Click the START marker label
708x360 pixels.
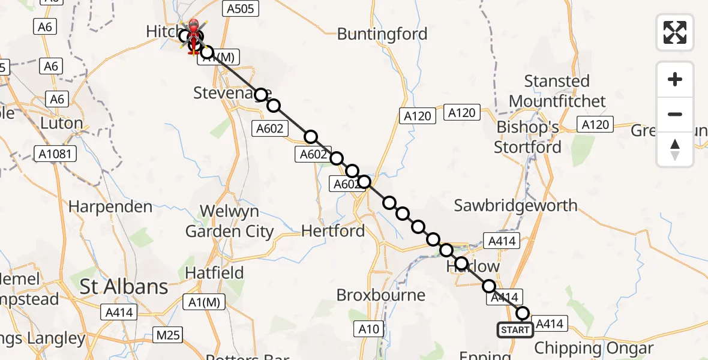click(x=515, y=329)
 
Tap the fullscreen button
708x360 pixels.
click(x=675, y=32)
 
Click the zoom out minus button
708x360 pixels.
click(x=675, y=114)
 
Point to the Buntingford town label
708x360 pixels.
click(x=382, y=34)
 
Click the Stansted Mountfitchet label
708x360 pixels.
click(x=557, y=91)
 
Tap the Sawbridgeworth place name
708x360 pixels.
click(x=515, y=205)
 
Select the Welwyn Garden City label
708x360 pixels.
click(x=229, y=221)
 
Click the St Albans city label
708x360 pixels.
click(x=124, y=287)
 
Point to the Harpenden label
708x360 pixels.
click(x=110, y=207)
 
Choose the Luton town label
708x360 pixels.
click(x=61, y=124)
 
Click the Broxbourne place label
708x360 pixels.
click(x=381, y=295)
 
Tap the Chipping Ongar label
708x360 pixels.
click(x=593, y=348)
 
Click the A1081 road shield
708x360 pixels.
click(x=55, y=154)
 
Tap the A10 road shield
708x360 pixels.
click(x=369, y=328)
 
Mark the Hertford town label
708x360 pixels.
click(x=333, y=230)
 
